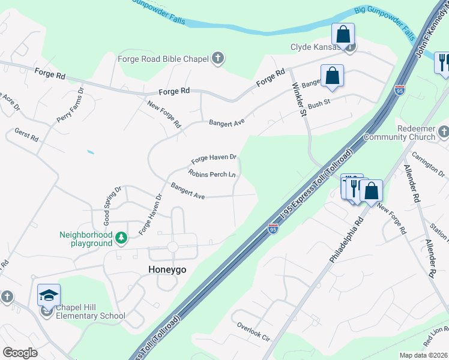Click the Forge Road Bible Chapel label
pyautogui.click(x=163, y=59)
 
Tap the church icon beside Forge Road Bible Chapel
pyautogui.click(x=218, y=58)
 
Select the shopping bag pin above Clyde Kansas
pyautogui.click(x=343, y=34)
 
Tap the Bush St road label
pyautogui.click(x=319, y=105)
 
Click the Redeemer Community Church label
pyautogui.click(x=417, y=133)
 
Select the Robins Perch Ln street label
pyautogui.click(x=212, y=175)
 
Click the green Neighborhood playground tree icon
pyautogui.click(x=121, y=239)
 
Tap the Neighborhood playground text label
pyautogui.click(x=86, y=239)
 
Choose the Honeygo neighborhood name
pyautogui.click(x=167, y=270)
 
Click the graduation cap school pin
pyautogui.click(x=49, y=295)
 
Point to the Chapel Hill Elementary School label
pyautogui.click(x=91, y=312)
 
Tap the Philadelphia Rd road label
pyautogui.click(x=346, y=239)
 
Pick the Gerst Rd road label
pyautogui.click(x=26, y=134)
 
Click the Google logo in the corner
pyautogui.click(x=20, y=353)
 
